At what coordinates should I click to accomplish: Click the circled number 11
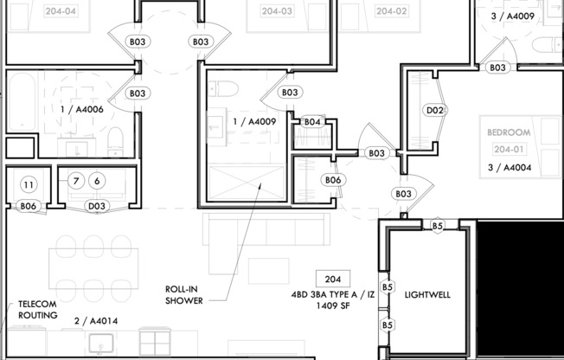click(28, 183)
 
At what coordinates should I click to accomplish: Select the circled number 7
click(76, 181)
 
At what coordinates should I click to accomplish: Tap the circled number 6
click(96, 181)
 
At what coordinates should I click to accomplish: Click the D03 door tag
click(97, 206)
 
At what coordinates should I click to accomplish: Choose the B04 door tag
click(312, 122)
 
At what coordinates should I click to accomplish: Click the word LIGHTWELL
click(427, 295)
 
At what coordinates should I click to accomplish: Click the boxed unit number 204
click(332, 280)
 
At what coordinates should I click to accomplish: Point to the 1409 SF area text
click(332, 305)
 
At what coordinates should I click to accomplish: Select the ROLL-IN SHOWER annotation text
click(184, 295)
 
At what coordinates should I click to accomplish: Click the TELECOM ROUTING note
click(38, 310)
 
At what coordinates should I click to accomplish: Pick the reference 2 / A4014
click(95, 321)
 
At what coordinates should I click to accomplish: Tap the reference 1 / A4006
click(82, 110)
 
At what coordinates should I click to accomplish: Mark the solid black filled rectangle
click(520, 286)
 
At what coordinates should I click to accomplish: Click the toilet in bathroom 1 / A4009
click(223, 87)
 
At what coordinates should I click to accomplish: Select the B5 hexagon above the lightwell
click(438, 226)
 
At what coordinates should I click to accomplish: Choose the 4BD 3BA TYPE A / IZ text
click(332, 294)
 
